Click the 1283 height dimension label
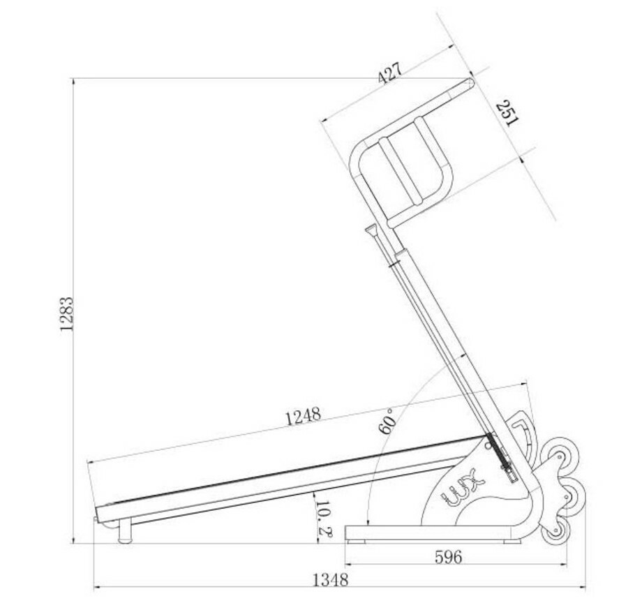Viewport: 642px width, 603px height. click(x=67, y=314)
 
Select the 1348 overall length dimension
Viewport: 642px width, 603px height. click(x=330, y=580)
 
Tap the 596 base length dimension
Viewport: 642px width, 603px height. click(x=448, y=557)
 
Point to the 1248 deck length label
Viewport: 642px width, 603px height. click(x=304, y=416)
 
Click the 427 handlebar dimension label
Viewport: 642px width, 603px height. click(x=390, y=73)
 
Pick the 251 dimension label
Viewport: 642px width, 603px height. click(x=507, y=113)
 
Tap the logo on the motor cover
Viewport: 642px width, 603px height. click(x=462, y=487)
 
